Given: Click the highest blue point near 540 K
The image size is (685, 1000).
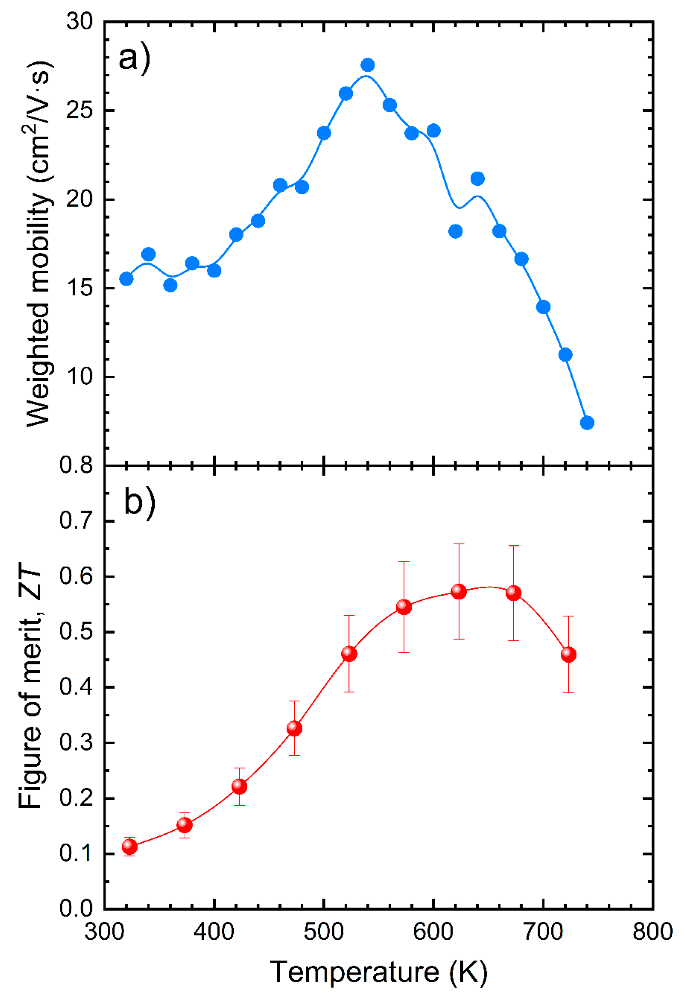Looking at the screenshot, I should click(x=367, y=65).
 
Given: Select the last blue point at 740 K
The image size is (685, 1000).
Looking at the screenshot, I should click(x=587, y=423).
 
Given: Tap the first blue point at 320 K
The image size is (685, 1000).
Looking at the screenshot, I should click(x=126, y=279).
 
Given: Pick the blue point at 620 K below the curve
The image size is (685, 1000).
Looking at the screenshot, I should click(x=456, y=232).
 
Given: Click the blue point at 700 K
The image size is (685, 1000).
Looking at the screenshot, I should click(x=543, y=307).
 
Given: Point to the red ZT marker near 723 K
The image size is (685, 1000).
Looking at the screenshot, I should click(x=568, y=655).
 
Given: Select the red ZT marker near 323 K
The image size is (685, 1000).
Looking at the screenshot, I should click(x=129, y=847).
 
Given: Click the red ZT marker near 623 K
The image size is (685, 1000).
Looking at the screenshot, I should click(x=459, y=592).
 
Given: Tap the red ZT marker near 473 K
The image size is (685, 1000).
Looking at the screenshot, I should click(x=294, y=728).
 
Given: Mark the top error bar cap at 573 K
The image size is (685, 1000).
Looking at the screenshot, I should click(x=404, y=562).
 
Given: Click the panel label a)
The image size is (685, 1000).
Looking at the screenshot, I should click(x=135, y=58).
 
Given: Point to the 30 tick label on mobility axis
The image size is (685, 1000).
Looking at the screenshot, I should click(x=80, y=21).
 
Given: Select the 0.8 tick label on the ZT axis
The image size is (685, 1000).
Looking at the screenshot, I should click(x=76, y=465).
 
